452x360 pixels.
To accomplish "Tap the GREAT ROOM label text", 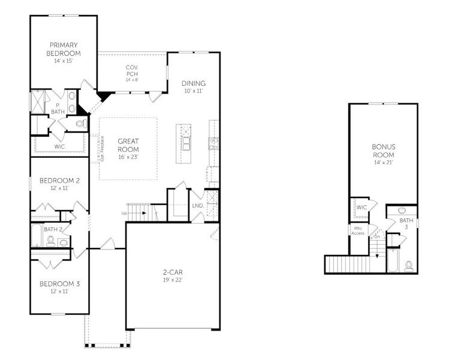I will [x=128, y=145].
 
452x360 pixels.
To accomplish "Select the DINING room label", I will [x=194, y=83].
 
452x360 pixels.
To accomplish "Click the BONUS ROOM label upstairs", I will [x=383, y=150].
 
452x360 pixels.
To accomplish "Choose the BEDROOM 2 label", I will [x=59, y=180].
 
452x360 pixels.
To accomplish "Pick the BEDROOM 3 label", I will [x=59, y=283].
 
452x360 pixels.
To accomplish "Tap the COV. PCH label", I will [x=132, y=70].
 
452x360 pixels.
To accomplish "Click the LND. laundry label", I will [x=197, y=206].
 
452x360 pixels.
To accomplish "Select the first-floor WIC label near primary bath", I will [x=59, y=146].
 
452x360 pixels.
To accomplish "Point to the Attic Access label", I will [x=358, y=231].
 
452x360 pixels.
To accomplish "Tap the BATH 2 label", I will [x=52, y=229].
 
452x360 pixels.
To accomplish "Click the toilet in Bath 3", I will [x=409, y=265].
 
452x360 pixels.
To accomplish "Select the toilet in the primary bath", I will [x=81, y=124].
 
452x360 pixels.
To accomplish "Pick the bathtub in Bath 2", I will [x=37, y=235].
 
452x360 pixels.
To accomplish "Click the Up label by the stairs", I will [x=124, y=213].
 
